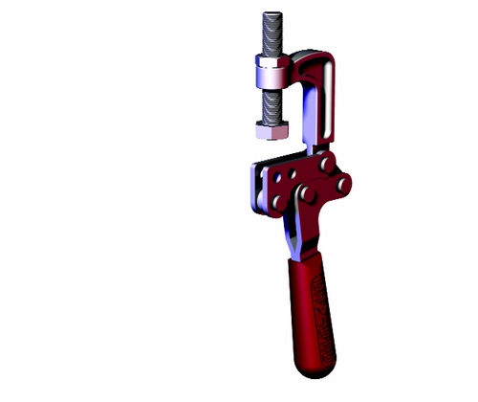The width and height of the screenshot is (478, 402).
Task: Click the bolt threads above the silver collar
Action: tap(270, 38)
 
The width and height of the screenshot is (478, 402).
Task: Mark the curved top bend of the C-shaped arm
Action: tap(320, 65)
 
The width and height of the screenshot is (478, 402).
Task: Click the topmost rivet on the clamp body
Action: tap(328, 165)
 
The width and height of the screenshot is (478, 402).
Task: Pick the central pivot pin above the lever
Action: tap(309, 195)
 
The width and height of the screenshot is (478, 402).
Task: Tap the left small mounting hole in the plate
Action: tap(276, 177)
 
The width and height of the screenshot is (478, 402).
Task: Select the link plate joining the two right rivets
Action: tap(335, 173)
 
